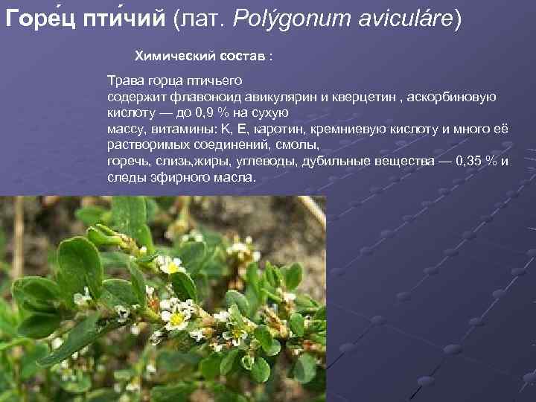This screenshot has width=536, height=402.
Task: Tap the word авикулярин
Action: click(x=277, y=97)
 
